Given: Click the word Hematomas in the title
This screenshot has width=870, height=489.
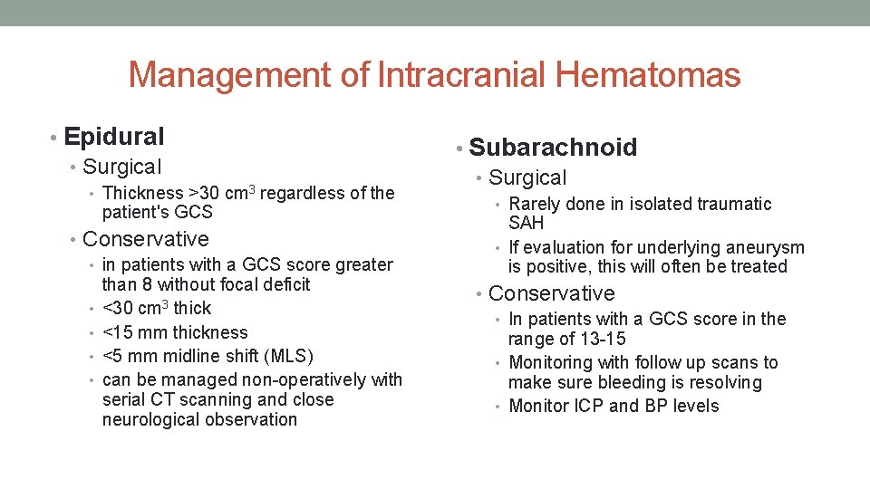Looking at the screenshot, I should point(648,75).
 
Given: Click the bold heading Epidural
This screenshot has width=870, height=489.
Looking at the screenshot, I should point(114,137).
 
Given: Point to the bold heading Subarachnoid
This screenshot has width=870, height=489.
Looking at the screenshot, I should point(553,148).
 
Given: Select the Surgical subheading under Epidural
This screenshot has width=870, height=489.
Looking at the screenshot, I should point(121,167).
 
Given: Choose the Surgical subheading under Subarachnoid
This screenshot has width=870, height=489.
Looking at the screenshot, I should point(527,178).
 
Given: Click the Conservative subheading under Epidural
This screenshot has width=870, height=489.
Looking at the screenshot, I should point(145,239).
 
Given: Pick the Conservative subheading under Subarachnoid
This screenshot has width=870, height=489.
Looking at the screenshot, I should point(551,293).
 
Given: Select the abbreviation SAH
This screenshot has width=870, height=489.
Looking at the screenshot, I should point(527,223).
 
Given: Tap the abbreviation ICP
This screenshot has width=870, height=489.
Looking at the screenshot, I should point(589,406).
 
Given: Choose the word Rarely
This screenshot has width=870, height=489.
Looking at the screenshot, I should point(535,204).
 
